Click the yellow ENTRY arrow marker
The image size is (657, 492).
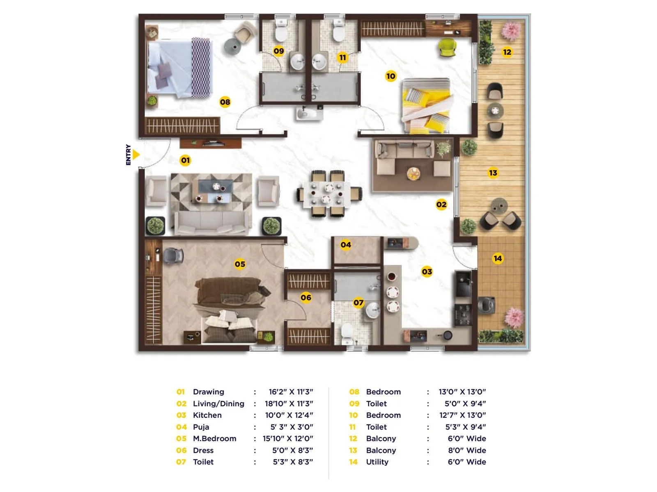[136, 155]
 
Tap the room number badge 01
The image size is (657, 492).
[185, 160]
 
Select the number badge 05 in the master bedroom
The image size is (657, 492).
[240, 264]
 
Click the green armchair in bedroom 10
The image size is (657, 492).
[447, 47]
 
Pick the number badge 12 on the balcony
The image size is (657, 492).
[507, 52]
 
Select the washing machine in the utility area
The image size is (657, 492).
[487, 305]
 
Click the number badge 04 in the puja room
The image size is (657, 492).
[346, 245]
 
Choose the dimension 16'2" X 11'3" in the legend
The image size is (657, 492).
[291, 392]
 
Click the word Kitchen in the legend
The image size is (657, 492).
[207, 415]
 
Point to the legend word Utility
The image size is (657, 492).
[377, 462]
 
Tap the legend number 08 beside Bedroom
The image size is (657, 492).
[354, 392]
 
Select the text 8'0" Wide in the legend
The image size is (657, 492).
[467, 450]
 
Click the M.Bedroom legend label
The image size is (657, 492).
[214, 439]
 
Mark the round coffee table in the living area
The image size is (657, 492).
[413, 173]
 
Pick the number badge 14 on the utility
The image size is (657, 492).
[498, 258]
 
